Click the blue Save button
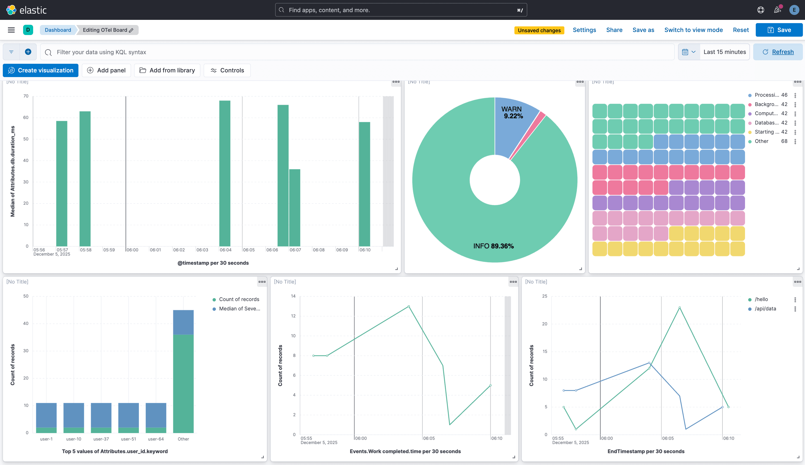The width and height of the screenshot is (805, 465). click(x=779, y=30)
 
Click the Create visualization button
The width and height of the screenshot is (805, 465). click(x=41, y=70)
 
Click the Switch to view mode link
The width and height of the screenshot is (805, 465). click(x=693, y=30)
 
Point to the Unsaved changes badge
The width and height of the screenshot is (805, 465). click(x=539, y=30)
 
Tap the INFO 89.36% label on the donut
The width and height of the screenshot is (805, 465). click(x=493, y=246)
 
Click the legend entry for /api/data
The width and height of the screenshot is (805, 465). click(x=765, y=309)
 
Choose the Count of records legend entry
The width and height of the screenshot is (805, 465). click(x=239, y=299)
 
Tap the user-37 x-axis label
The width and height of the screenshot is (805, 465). click(x=101, y=439)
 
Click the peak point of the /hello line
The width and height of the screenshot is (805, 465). click(x=680, y=308)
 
